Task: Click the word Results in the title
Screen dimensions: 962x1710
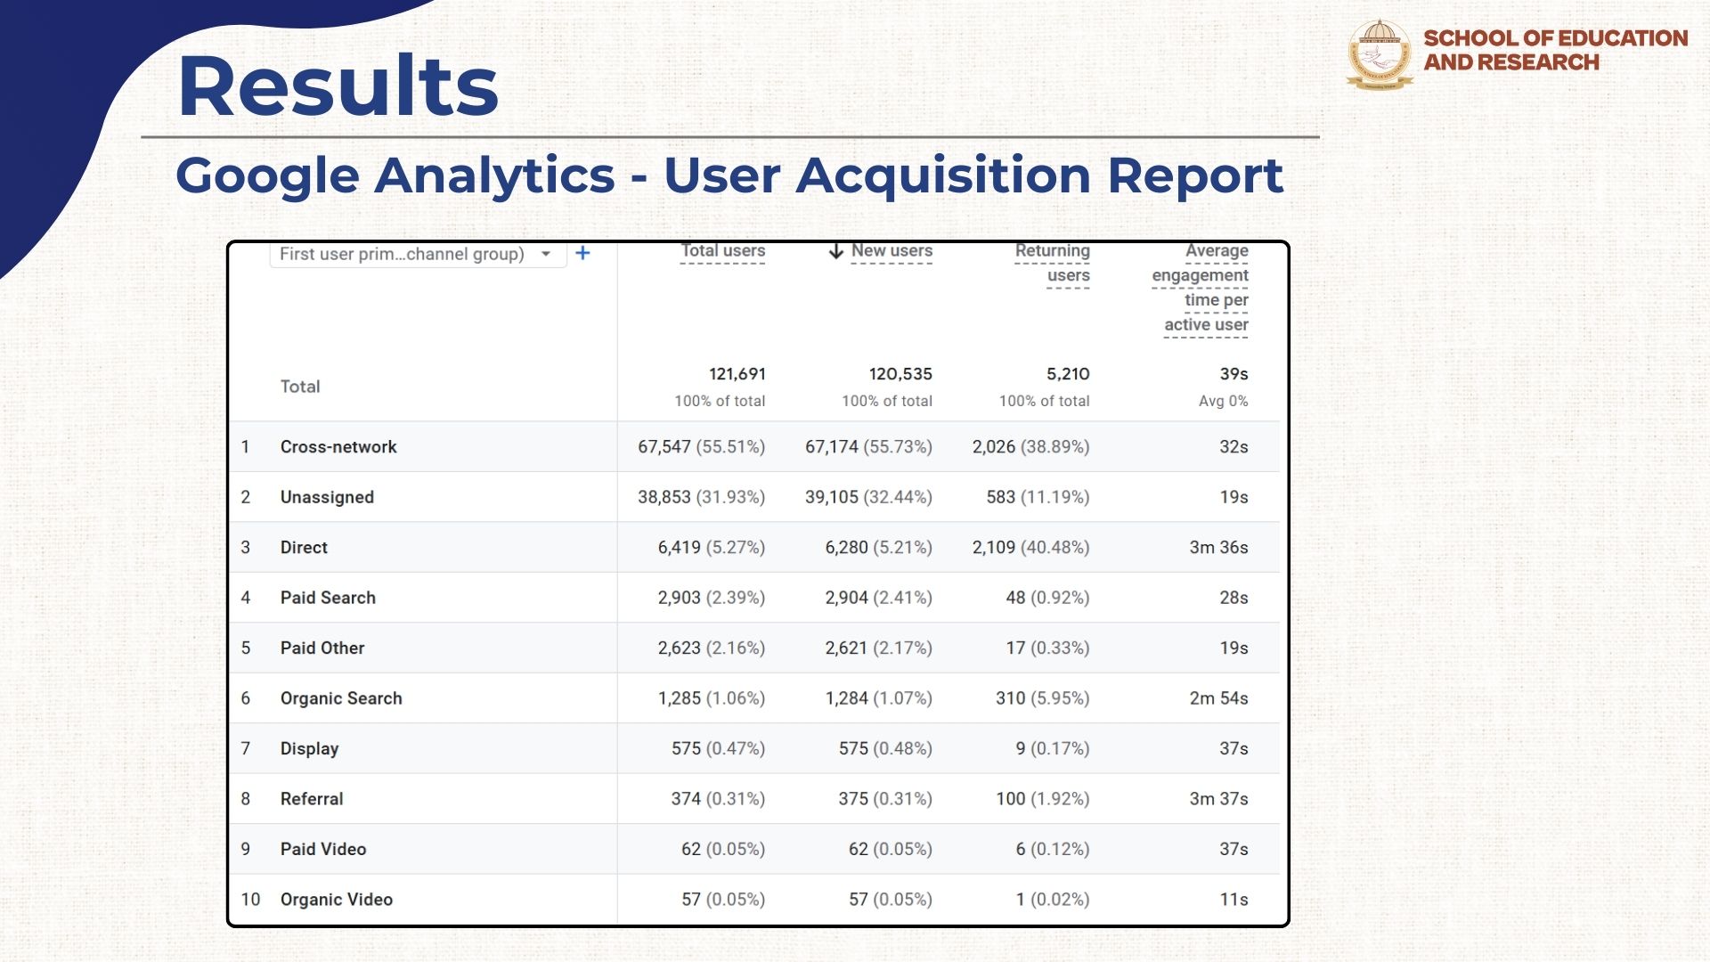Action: [x=338, y=86]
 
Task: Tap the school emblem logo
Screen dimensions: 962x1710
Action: [x=1380, y=53]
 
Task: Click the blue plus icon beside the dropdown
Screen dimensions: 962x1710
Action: [x=582, y=254]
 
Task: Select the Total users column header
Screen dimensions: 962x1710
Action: [x=722, y=251]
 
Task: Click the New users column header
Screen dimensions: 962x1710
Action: [x=892, y=251]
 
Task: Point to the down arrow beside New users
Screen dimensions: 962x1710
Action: [x=835, y=251]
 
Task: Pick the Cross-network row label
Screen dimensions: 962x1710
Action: [x=338, y=447]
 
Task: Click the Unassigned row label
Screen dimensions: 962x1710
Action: [x=327, y=497]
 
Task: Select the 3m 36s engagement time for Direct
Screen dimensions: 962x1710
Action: [x=1218, y=548]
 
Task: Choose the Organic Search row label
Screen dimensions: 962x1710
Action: [x=341, y=698]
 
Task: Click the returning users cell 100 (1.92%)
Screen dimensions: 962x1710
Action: [x=1042, y=799]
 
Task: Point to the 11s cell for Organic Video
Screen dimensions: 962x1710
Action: [x=1234, y=900]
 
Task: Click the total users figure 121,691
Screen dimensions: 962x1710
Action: [x=737, y=374]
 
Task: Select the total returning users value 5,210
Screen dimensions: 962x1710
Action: [x=1067, y=374]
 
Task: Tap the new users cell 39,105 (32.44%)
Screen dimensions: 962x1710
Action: [x=868, y=497]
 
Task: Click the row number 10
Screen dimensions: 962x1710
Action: [x=250, y=900]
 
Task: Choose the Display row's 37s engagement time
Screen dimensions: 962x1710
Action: [x=1234, y=749]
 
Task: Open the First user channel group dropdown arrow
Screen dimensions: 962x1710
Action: [x=546, y=254]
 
